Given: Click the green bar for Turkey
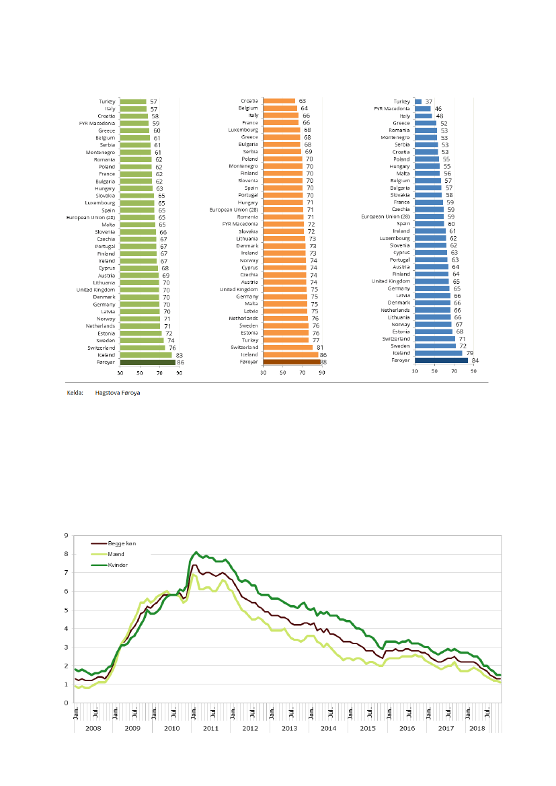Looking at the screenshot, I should tap(133, 101).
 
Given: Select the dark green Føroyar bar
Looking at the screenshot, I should tap(147, 362).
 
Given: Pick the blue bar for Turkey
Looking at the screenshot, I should tap(418, 101).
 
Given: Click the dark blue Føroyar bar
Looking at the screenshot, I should tap(441, 360).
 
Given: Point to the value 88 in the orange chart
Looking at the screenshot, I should tap(324, 362).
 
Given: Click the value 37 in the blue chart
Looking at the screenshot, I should tap(428, 101).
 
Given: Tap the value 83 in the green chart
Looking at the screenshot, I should tap(179, 354).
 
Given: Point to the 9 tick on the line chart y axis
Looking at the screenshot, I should tap(66, 536).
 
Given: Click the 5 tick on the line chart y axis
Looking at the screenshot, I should tap(66, 611).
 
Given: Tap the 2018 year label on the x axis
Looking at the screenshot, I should tap(477, 728).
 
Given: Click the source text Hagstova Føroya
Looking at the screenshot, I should tap(118, 391).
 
